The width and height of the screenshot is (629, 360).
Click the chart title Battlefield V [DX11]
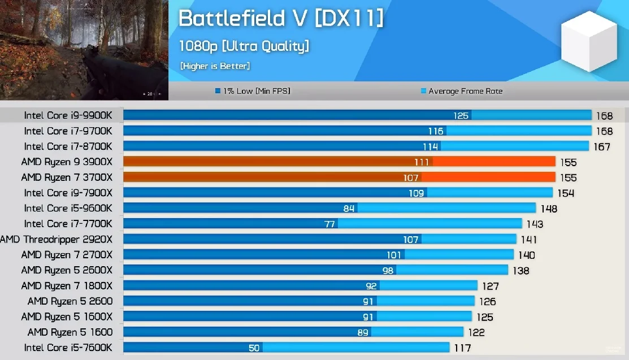tap(281, 19)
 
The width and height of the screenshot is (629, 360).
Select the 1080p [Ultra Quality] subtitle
tap(244, 46)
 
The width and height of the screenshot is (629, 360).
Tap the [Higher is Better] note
tap(215, 66)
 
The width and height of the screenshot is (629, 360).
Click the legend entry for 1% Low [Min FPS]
tap(253, 91)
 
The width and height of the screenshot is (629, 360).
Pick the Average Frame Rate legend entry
tap(461, 91)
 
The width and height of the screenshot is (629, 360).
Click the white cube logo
tap(589, 41)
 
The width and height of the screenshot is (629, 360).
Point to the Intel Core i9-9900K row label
tap(68, 116)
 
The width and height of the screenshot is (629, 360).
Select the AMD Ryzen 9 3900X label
tap(67, 162)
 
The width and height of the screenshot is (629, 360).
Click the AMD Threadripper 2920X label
tap(56, 240)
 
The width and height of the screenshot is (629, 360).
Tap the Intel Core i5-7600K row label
tap(68, 348)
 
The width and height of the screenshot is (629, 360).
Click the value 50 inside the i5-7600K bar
tap(254, 348)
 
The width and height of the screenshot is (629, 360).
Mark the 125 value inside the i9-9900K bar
tap(461, 116)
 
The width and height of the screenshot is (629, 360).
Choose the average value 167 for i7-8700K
tap(602, 147)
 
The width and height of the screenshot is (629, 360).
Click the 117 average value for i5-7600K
tap(462, 348)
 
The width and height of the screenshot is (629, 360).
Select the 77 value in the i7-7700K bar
tap(329, 224)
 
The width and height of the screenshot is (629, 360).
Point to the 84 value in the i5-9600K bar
tap(349, 209)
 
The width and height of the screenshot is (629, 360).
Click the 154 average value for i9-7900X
tap(566, 193)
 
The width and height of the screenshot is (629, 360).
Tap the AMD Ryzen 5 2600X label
tap(67, 271)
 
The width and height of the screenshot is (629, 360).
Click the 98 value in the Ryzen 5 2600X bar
tap(388, 271)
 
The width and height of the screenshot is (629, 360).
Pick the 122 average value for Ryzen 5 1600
tap(476, 332)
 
